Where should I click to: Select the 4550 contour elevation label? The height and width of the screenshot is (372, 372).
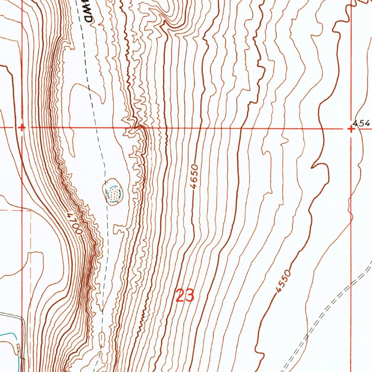pyautogui.click(x=283, y=281)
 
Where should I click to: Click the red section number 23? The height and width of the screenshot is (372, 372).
pyautogui.click(x=185, y=296)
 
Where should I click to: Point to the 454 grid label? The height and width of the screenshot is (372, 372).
pyautogui.click(x=363, y=124)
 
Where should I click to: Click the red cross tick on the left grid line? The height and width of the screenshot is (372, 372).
pyautogui.click(x=22, y=128)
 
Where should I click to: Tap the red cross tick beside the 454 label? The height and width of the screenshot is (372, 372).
pyautogui.click(x=351, y=129)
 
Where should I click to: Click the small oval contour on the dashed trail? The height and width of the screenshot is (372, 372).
pyautogui.click(x=101, y=339)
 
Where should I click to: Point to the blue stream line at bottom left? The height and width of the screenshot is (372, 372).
pyautogui.click(x=7, y=336)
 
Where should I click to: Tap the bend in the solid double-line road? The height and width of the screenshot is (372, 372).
pyautogui.click(x=22, y=320)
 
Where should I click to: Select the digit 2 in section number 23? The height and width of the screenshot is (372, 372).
pyautogui.click(x=180, y=296)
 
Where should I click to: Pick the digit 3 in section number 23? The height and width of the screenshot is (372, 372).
pyautogui.click(x=190, y=296)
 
